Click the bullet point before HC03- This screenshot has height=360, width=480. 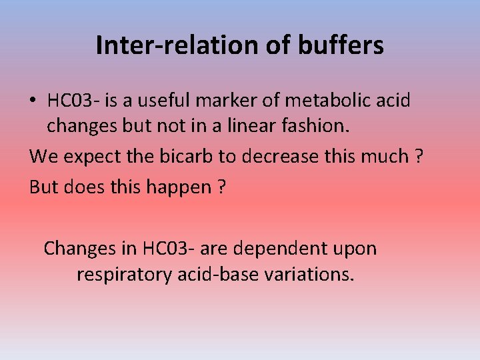coord(33,101)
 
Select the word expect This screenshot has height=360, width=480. coord(90,157)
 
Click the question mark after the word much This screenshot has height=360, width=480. coord(419,157)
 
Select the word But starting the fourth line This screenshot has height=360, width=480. coord(44,187)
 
